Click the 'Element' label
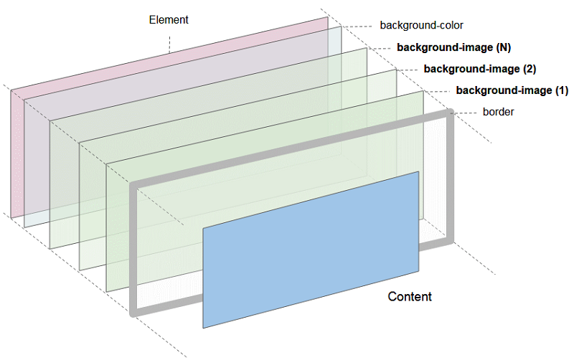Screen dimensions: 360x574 coord(169,20)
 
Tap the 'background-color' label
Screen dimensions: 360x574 coord(418,26)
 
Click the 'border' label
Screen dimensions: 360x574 coord(498,112)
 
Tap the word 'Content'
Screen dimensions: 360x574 coord(410,297)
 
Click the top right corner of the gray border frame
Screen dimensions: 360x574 coord(450,113)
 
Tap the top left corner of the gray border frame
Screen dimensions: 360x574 coord(133,186)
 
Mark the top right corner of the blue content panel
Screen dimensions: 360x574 coord(418,172)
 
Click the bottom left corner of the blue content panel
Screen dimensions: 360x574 coord(204,327)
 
